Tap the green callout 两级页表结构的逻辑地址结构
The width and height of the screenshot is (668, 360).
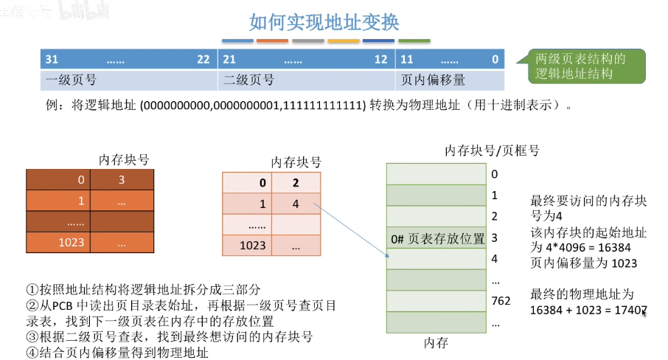[x=580, y=66]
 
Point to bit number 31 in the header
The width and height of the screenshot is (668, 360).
[x=52, y=59]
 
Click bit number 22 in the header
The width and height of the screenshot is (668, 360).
[x=203, y=59]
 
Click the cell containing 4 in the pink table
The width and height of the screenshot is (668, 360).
[x=296, y=204]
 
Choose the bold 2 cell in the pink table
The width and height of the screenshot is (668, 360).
[x=296, y=183]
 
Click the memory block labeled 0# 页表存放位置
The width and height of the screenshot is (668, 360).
[x=436, y=238]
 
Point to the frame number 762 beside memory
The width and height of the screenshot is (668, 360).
[x=501, y=300]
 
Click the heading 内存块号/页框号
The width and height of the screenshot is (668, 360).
[x=492, y=150]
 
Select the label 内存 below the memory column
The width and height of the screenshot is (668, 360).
[x=436, y=343]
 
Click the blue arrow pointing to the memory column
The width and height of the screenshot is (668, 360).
[x=354, y=229]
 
